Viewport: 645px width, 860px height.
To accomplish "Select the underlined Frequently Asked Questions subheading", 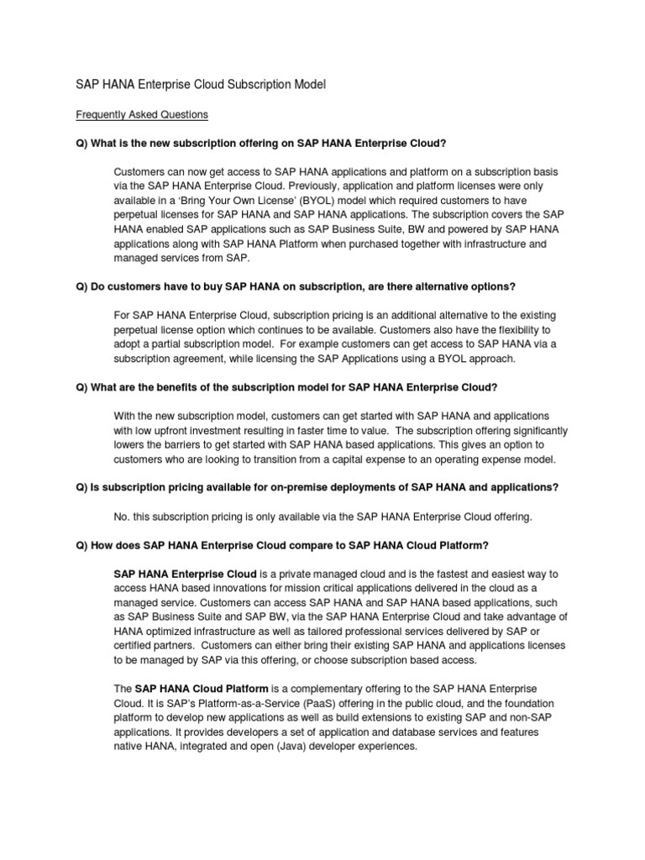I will tap(141, 113).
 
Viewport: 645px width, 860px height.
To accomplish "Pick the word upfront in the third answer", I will tap(176, 431).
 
